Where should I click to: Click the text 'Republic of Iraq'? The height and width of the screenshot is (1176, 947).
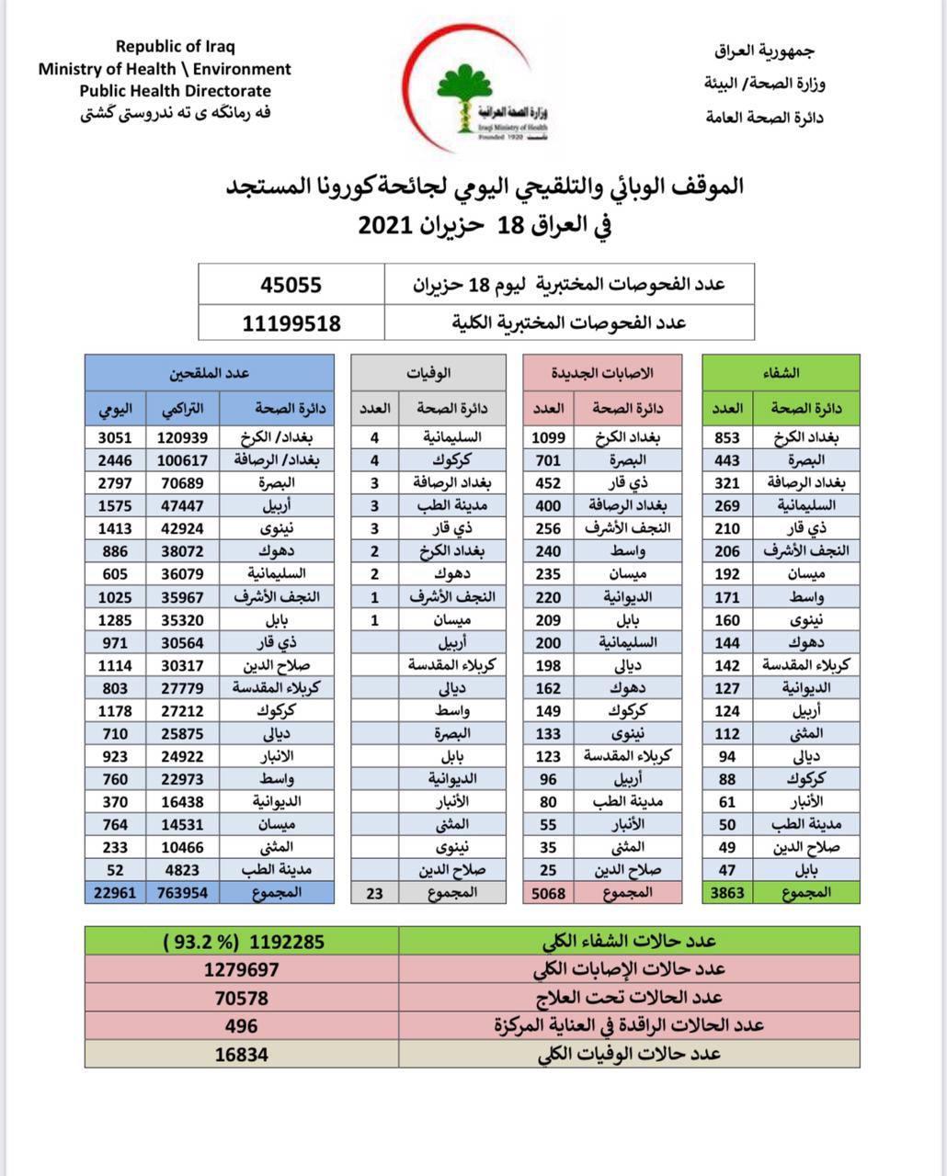tap(176, 47)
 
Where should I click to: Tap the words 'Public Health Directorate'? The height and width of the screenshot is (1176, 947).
tap(175, 91)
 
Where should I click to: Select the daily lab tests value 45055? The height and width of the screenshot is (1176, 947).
tap(291, 285)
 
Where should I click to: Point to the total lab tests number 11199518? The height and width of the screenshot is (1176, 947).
tap(291, 322)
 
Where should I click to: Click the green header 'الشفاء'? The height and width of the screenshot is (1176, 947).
tap(781, 373)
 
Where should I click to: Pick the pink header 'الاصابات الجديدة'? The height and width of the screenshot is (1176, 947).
tap(602, 373)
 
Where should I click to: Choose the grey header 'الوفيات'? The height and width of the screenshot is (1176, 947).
tap(428, 373)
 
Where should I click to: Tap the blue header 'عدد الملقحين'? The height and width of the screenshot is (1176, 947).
tap(210, 373)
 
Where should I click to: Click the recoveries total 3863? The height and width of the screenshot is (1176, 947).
tap(726, 892)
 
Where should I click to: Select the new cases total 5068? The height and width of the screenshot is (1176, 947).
tap(549, 892)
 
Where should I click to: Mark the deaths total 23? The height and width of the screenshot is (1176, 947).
tap(374, 892)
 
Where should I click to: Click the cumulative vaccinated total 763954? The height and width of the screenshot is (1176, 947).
tap(182, 892)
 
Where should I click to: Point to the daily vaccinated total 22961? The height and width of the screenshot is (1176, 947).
tap(115, 892)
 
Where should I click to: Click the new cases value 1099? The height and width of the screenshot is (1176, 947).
tap(549, 437)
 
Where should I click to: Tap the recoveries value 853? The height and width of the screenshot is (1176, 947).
tap(726, 437)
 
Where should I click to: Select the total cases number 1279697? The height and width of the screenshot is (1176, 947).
tap(241, 969)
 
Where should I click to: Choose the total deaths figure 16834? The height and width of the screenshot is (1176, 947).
tap(241, 1054)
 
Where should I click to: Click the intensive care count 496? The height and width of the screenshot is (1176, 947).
tap(241, 1025)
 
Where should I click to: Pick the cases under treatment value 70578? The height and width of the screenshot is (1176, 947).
tap(241, 998)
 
